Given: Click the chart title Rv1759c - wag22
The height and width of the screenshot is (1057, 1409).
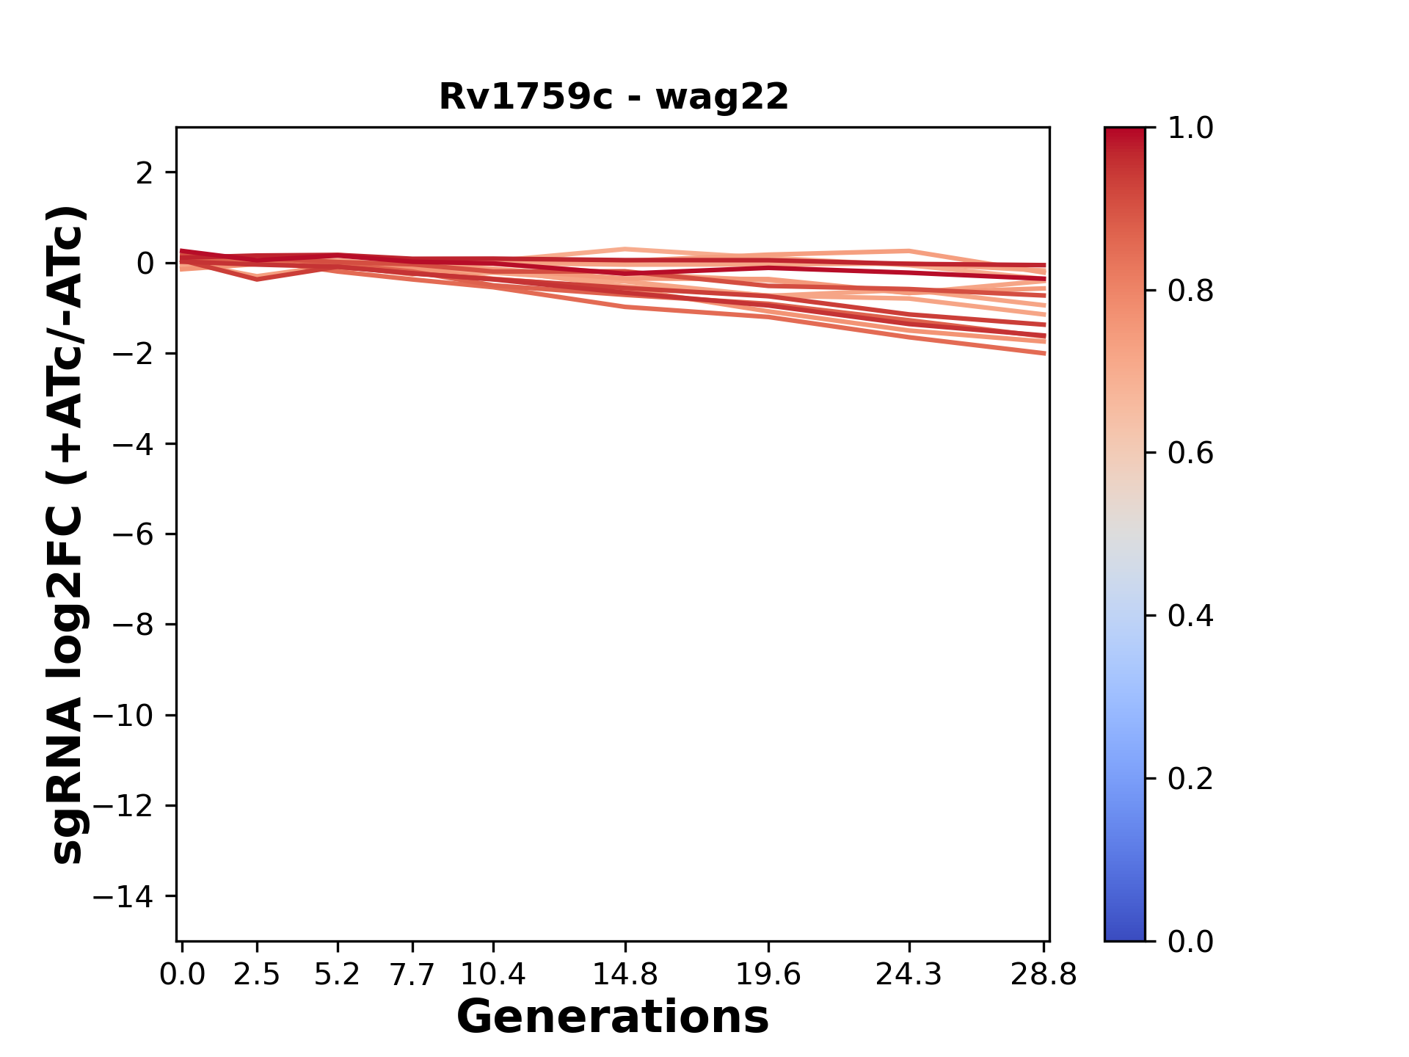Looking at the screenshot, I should [614, 97].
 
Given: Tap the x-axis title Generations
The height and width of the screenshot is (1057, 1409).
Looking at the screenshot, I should [613, 1017].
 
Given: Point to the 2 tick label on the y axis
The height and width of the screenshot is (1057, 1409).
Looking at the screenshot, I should [144, 173].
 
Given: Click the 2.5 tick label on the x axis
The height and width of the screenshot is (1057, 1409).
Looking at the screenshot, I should [257, 975].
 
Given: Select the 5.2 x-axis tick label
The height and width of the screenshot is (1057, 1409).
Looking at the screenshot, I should [337, 975].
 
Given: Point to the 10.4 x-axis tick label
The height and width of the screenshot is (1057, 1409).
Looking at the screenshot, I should [492, 975].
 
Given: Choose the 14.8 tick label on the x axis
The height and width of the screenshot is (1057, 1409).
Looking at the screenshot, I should [625, 975].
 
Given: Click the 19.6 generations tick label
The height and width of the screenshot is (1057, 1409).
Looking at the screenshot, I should [768, 975].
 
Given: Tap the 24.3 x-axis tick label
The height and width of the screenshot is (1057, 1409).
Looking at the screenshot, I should [909, 975].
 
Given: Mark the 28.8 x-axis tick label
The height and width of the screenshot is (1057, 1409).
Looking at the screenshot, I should [1044, 975].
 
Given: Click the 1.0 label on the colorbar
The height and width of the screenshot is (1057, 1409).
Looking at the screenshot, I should [1190, 128].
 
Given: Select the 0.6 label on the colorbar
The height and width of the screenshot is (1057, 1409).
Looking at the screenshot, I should [1190, 454].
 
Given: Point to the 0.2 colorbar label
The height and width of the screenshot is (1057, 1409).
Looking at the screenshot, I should [1190, 779].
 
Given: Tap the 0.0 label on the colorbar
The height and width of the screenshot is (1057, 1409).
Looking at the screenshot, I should [1190, 942].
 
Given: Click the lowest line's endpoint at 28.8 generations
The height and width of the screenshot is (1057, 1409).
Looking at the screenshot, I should [1044, 354].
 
